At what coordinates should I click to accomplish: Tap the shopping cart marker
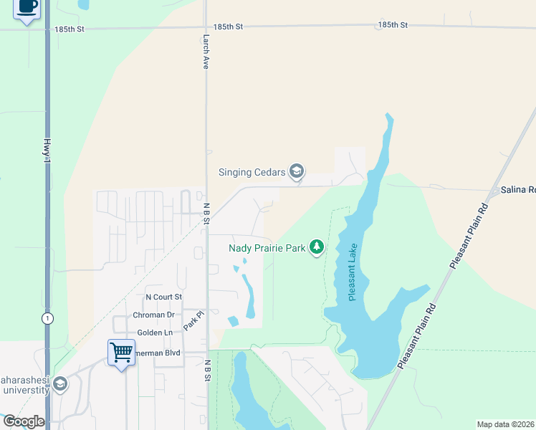[121, 353]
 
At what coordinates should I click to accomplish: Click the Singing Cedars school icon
[297, 171]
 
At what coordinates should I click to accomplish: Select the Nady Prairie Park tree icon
[317, 248]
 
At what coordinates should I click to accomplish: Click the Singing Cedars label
[251, 172]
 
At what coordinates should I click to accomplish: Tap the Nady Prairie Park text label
[267, 249]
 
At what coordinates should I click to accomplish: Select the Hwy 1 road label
[48, 153]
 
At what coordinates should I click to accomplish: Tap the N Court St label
[164, 297]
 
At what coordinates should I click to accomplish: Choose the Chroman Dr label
[154, 315]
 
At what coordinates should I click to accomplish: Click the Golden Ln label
[155, 333]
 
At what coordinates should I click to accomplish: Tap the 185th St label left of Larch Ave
[70, 29]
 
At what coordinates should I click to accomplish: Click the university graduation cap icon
[59, 384]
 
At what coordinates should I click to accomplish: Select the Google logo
[24, 421]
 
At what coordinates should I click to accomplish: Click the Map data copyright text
[505, 424]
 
